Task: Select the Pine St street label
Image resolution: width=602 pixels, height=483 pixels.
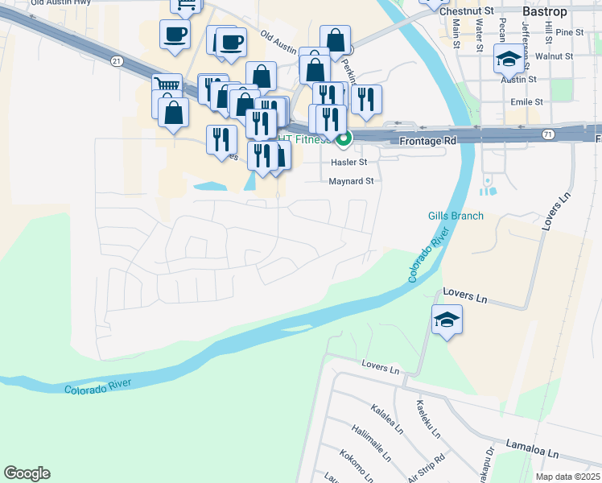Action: [x=568, y=32]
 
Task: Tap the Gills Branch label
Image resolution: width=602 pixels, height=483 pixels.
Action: [x=456, y=216]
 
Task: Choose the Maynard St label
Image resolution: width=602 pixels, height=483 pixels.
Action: [x=351, y=181]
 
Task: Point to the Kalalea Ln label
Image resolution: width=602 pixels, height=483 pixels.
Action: [x=386, y=419]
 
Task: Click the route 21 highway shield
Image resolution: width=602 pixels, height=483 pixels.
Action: [x=118, y=61]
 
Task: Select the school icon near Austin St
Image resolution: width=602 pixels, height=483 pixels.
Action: [x=508, y=58]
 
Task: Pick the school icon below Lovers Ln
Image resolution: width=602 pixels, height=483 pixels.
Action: [x=447, y=320]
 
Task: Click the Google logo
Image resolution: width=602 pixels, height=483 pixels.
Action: [x=27, y=473]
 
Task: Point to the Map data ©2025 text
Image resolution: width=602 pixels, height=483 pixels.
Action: [x=568, y=477]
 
